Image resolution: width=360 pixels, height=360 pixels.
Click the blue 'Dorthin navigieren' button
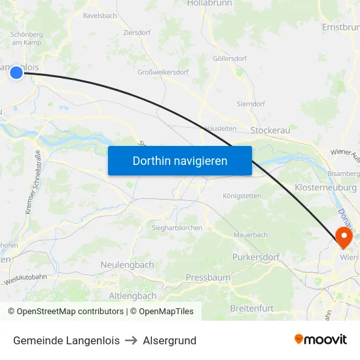point(179,160)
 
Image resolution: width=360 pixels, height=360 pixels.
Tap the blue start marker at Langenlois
point(16,73)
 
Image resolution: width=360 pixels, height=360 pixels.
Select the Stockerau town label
point(270,131)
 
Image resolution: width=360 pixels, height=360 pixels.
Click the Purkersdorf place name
point(255,257)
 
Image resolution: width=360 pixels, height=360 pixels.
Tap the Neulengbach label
point(127,264)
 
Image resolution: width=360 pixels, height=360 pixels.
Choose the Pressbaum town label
point(208,278)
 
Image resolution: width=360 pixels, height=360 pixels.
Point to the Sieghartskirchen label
point(177,228)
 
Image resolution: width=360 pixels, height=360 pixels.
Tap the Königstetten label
point(242,196)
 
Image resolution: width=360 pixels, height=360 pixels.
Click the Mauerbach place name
point(251,234)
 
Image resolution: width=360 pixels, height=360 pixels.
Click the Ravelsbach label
point(99,14)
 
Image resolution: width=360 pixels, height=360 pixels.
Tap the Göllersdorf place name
point(230,58)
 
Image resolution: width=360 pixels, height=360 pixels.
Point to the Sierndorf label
point(251,103)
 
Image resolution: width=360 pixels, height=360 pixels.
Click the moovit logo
point(321,339)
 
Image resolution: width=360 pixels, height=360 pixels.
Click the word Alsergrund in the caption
point(170,340)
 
